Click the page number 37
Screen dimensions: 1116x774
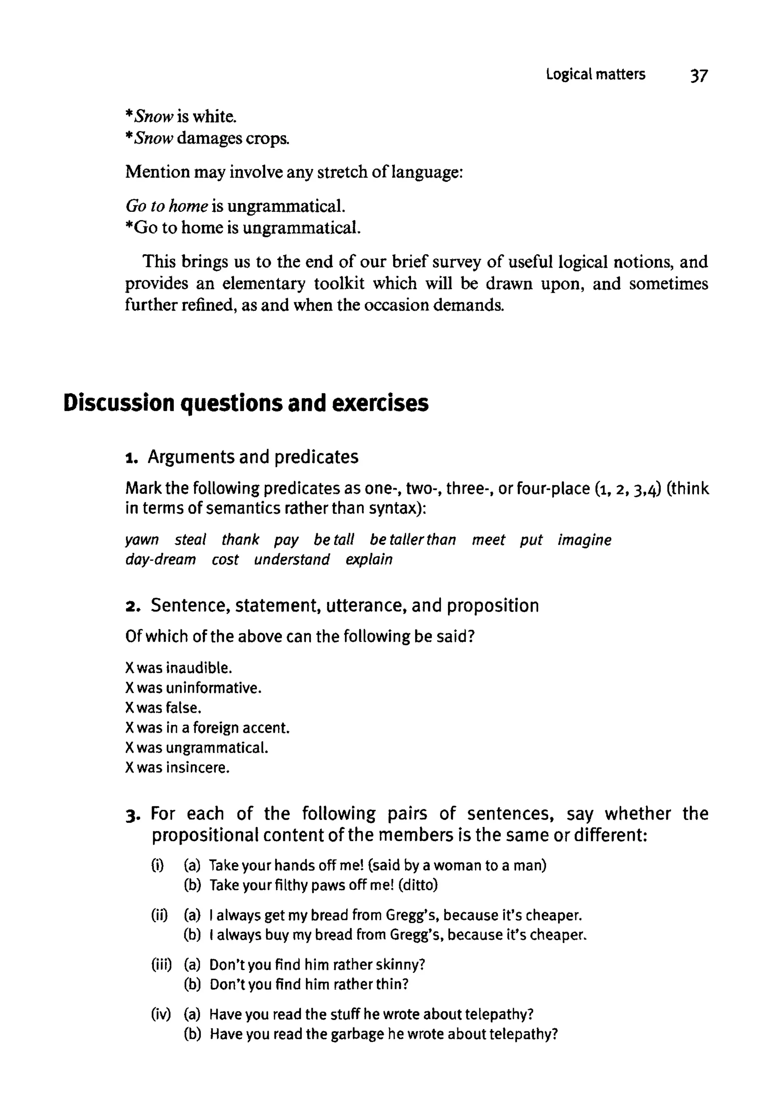[699, 76]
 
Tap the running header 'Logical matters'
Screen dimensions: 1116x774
[596, 74]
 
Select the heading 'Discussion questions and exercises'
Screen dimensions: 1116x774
[246, 403]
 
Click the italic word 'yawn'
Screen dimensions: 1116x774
[142, 540]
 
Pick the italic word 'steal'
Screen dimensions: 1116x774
[190, 540]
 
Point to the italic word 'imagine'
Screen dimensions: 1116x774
[584, 540]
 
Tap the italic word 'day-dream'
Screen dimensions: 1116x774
[161, 560]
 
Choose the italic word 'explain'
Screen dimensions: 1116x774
[369, 560]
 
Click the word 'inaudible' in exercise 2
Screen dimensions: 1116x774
[199, 668]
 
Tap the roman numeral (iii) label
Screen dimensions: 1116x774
[161, 965]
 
